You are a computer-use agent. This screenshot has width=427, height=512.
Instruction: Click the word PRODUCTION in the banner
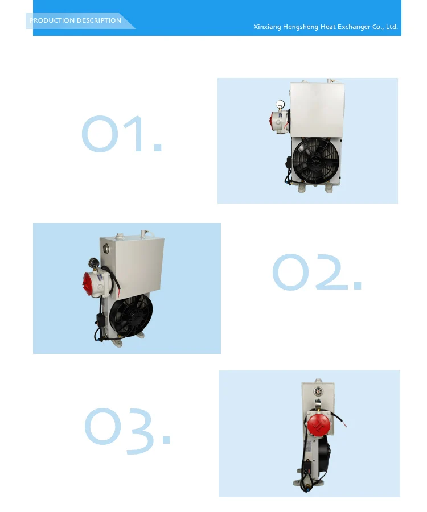[52, 20]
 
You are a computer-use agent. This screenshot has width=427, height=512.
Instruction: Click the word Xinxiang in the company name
[267, 27]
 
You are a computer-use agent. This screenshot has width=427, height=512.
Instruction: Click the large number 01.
[121, 134]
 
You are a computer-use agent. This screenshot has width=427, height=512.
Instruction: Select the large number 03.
[128, 431]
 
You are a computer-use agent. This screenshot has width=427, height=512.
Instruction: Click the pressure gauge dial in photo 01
[280, 105]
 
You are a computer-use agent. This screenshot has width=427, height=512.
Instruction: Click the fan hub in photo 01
[316, 160]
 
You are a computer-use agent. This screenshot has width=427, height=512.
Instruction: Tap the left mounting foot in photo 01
[301, 188]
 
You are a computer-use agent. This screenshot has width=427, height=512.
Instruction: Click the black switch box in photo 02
[100, 319]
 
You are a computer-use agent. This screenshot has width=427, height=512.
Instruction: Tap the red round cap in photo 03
[318, 424]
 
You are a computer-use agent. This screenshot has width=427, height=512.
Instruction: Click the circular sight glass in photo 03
[318, 391]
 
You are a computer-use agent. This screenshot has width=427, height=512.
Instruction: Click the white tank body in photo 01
[317, 110]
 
